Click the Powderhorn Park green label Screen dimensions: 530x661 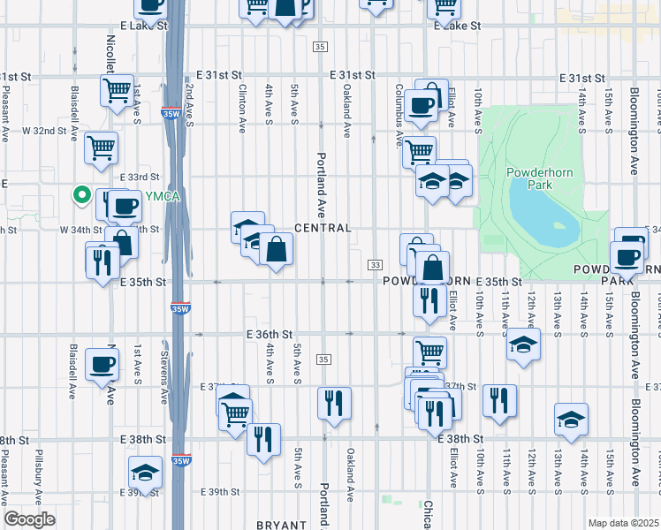click(529, 178)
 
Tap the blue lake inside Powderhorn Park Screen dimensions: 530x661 click(541, 216)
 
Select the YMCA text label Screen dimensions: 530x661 click(162, 196)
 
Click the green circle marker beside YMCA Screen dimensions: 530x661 click(81, 195)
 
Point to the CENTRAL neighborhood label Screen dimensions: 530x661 click(323, 228)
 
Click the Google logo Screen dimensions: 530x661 click(29, 519)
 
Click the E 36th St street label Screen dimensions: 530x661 click(269, 335)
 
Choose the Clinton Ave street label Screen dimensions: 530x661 click(242, 109)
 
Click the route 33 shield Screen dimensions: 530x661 click(376, 265)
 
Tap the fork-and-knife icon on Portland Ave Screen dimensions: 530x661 click(334, 404)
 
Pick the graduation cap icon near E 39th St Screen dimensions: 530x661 click(145, 473)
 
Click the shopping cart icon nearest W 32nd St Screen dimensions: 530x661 click(102, 147)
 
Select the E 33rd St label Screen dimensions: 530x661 click(140, 177)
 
